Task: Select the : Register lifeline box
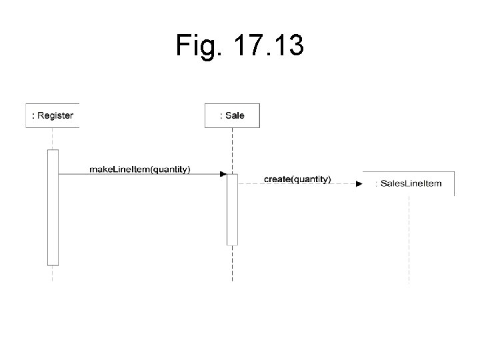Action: (x=52, y=115)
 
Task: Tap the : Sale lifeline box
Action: (x=232, y=115)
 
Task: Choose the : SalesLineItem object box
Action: (x=409, y=183)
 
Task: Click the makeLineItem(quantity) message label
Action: (x=140, y=169)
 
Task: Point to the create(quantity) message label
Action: (x=297, y=179)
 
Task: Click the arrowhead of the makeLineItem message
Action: (x=223, y=174)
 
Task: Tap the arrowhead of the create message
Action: (x=359, y=184)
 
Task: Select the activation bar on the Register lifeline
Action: (x=53, y=207)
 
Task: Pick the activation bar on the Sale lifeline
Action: (x=232, y=209)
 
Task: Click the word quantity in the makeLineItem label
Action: (x=171, y=169)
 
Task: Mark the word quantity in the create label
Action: (x=311, y=179)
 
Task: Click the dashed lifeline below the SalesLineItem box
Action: (x=409, y=240)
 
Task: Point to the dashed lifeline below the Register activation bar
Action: (x=53, y=273)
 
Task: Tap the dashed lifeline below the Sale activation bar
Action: (x=232, y=263)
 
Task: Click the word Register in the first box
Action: (x=55, y=115)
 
